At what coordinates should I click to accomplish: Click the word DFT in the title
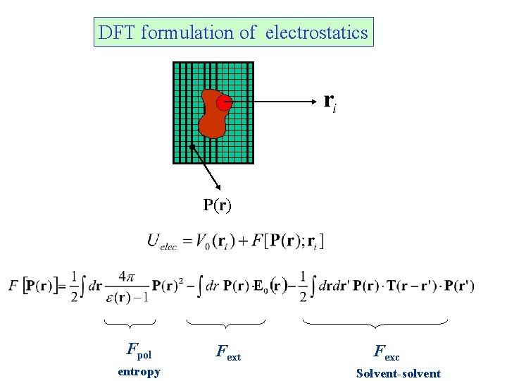[x=117, y=32]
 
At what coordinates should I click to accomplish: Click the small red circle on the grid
[x=224, y=103]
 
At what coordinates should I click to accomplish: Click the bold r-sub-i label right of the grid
[x=330, y=102]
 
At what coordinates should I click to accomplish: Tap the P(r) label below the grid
[x=217, y=205]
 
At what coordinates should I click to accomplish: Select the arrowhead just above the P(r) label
[x=220, y=186]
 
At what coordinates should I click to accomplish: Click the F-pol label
[x=139, y=349]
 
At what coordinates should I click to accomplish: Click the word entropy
[x=139, y=372]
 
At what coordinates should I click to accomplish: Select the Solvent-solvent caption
[x=399, y=373]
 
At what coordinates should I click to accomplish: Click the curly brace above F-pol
[x=130, y=324]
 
